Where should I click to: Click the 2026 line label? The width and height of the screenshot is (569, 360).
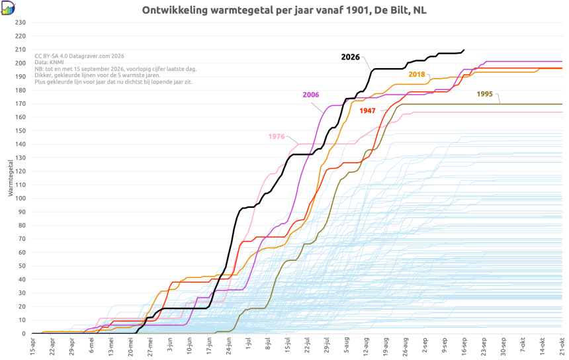pyautogui.click(x=350, y=57)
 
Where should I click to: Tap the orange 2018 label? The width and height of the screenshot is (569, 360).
pyautogui.click(x=417, y=74)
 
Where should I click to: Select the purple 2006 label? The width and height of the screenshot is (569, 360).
pyautogui.click(x=311, y=95)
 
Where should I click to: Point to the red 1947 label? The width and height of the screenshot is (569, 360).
pyautogui.click(x=368, y=111)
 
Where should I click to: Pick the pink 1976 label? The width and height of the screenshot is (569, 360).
pyautogui.click(x=277, y=136)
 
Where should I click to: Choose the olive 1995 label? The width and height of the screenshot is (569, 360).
pyautogui.click(x=485, y=94)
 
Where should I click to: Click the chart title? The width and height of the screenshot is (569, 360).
pyautogui.click(x=284, y=10)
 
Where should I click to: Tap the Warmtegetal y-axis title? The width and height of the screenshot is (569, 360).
pyautogui.click(x=10, y=178)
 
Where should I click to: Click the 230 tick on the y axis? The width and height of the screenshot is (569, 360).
pyautogui.click(x=21, y=22)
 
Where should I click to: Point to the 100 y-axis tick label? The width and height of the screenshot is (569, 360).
pyautogui.click(x=21, y=199)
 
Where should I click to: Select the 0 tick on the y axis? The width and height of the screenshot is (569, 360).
pyautogui.click(x=24, y=334)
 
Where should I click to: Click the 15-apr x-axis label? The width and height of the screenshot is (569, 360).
pyautogui.click(x=32, y=346)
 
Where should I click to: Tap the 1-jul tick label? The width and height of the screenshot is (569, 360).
pyautogui.click(x=248, y=345)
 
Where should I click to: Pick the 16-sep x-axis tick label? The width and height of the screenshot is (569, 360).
pyautogui.click(x=464, y=346)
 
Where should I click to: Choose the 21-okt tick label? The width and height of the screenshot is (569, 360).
pyautogui.click(x=562, y=346)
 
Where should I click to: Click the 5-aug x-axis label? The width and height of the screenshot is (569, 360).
pyautogui.click(x=346, y=345)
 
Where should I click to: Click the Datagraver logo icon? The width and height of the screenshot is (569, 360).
pyautogui.click(x=8, y=8)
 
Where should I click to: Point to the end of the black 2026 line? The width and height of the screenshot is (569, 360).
pyautogui.click(x=464, y=50)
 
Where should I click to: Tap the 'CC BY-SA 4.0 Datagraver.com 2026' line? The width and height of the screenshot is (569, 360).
pyautogui.click(x=79, y=56)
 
